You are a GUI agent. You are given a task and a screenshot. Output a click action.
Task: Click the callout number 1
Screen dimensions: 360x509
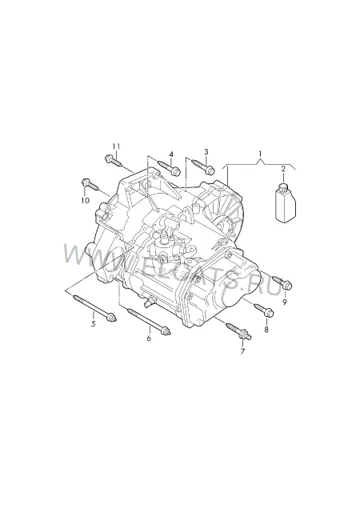pyautogui.click(x=260, y=153)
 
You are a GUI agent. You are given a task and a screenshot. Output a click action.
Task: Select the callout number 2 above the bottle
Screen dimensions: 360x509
pyautogui.click(x=283, y=169)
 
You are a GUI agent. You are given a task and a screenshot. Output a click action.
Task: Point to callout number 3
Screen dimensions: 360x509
pyautogui.click(x=206, y=151)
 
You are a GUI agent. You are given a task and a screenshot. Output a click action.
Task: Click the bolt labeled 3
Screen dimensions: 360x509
pyautogui.click(x=203, y=166)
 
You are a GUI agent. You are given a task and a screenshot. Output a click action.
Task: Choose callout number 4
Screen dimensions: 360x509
pyautogui.click(x=171, y=154)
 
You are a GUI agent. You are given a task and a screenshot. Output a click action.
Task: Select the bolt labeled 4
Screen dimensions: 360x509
pyautogui.click(x=169, y=166)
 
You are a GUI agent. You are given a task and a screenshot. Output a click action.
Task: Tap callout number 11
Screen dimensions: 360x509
pyautogui.click(x=116, y=146)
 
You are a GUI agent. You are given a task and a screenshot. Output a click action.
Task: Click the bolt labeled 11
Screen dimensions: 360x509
pyautogui.click(x=114, y=161)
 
